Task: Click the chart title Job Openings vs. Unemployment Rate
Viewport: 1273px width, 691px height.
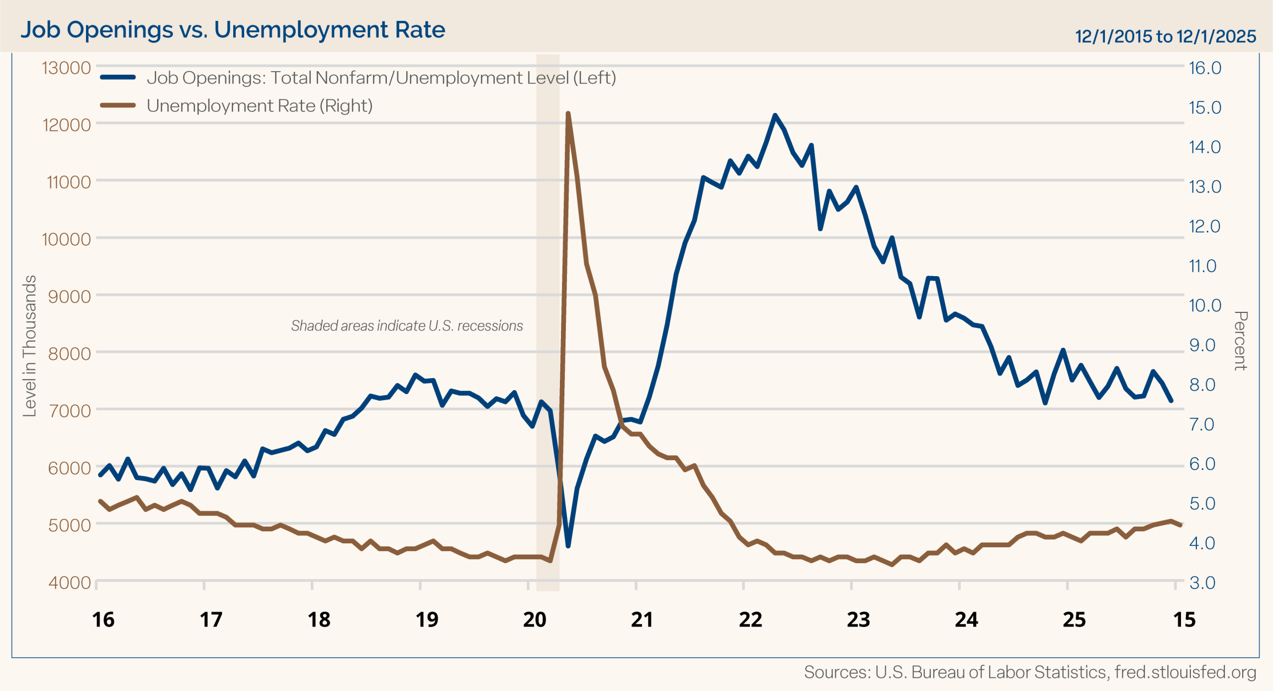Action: tap(232, 30)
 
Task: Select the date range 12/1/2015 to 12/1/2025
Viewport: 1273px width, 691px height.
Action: tap(1165, 36)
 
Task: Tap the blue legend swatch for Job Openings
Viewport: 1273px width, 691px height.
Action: tap(118, 77)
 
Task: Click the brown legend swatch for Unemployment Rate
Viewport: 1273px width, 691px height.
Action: tap(118, 105)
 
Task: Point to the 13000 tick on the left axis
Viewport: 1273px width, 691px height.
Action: tap(67, 68)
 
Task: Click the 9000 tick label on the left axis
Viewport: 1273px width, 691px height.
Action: tap(70, 296)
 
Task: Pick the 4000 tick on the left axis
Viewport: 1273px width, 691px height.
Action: tap(70, 583)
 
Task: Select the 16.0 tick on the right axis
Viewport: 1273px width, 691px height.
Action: tap(1205, 68)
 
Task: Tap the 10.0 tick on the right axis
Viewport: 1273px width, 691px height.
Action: tap(1205, 305)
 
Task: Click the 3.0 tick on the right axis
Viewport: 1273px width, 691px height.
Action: tap(1202, 583)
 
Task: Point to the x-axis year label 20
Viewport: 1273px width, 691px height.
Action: tap(535, 620)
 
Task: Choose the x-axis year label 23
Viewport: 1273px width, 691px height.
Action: tap(858, 620)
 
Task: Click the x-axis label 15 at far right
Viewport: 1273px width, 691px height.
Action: tap(1184, 620)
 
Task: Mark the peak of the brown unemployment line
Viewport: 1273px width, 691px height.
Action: tap(568, 114)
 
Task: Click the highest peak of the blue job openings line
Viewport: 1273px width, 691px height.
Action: tap(775, 115)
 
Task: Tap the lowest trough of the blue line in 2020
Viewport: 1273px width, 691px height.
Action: tap(568, 546)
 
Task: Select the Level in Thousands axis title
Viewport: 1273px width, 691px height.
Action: tap(30, 346)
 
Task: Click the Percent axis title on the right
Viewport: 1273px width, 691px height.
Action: tap(1241, 341)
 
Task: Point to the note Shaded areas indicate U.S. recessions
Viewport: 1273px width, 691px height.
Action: tap(407, 326)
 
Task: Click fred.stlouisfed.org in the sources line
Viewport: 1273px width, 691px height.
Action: tap(1185, 672)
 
